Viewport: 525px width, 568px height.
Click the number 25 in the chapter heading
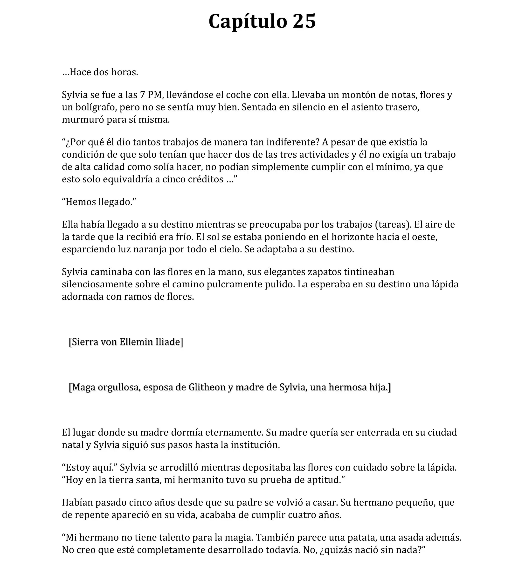(x=304, y=21)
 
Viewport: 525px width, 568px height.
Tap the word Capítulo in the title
(x=248, y=21)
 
